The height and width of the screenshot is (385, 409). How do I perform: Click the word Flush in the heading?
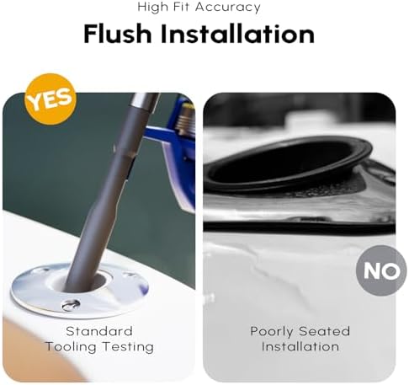click(x=118, y=34)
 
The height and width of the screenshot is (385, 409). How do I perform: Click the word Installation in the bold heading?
click(x=237, y=34)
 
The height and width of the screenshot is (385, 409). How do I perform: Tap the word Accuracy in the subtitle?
click(x=228, y=8)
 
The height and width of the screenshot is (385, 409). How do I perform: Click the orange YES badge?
click(x=50, y=99)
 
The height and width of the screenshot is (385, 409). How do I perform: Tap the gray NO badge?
click(x=381, y=270)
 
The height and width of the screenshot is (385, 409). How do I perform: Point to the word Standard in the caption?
click(x=99, y=331)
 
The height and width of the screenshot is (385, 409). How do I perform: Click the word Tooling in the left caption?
click(x=71, y=347)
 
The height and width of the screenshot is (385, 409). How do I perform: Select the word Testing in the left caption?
click(x=128, y=347)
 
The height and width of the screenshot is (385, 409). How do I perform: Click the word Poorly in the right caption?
click(x=272, y=332)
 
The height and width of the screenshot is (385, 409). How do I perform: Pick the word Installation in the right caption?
click(x=300, y=346)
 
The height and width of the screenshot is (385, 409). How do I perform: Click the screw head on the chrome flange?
click(x=71, y=304)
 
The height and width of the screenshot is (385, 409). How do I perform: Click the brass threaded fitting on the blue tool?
click(x=186, y=118)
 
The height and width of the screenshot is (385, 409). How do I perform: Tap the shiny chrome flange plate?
click(x=36, y=292)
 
